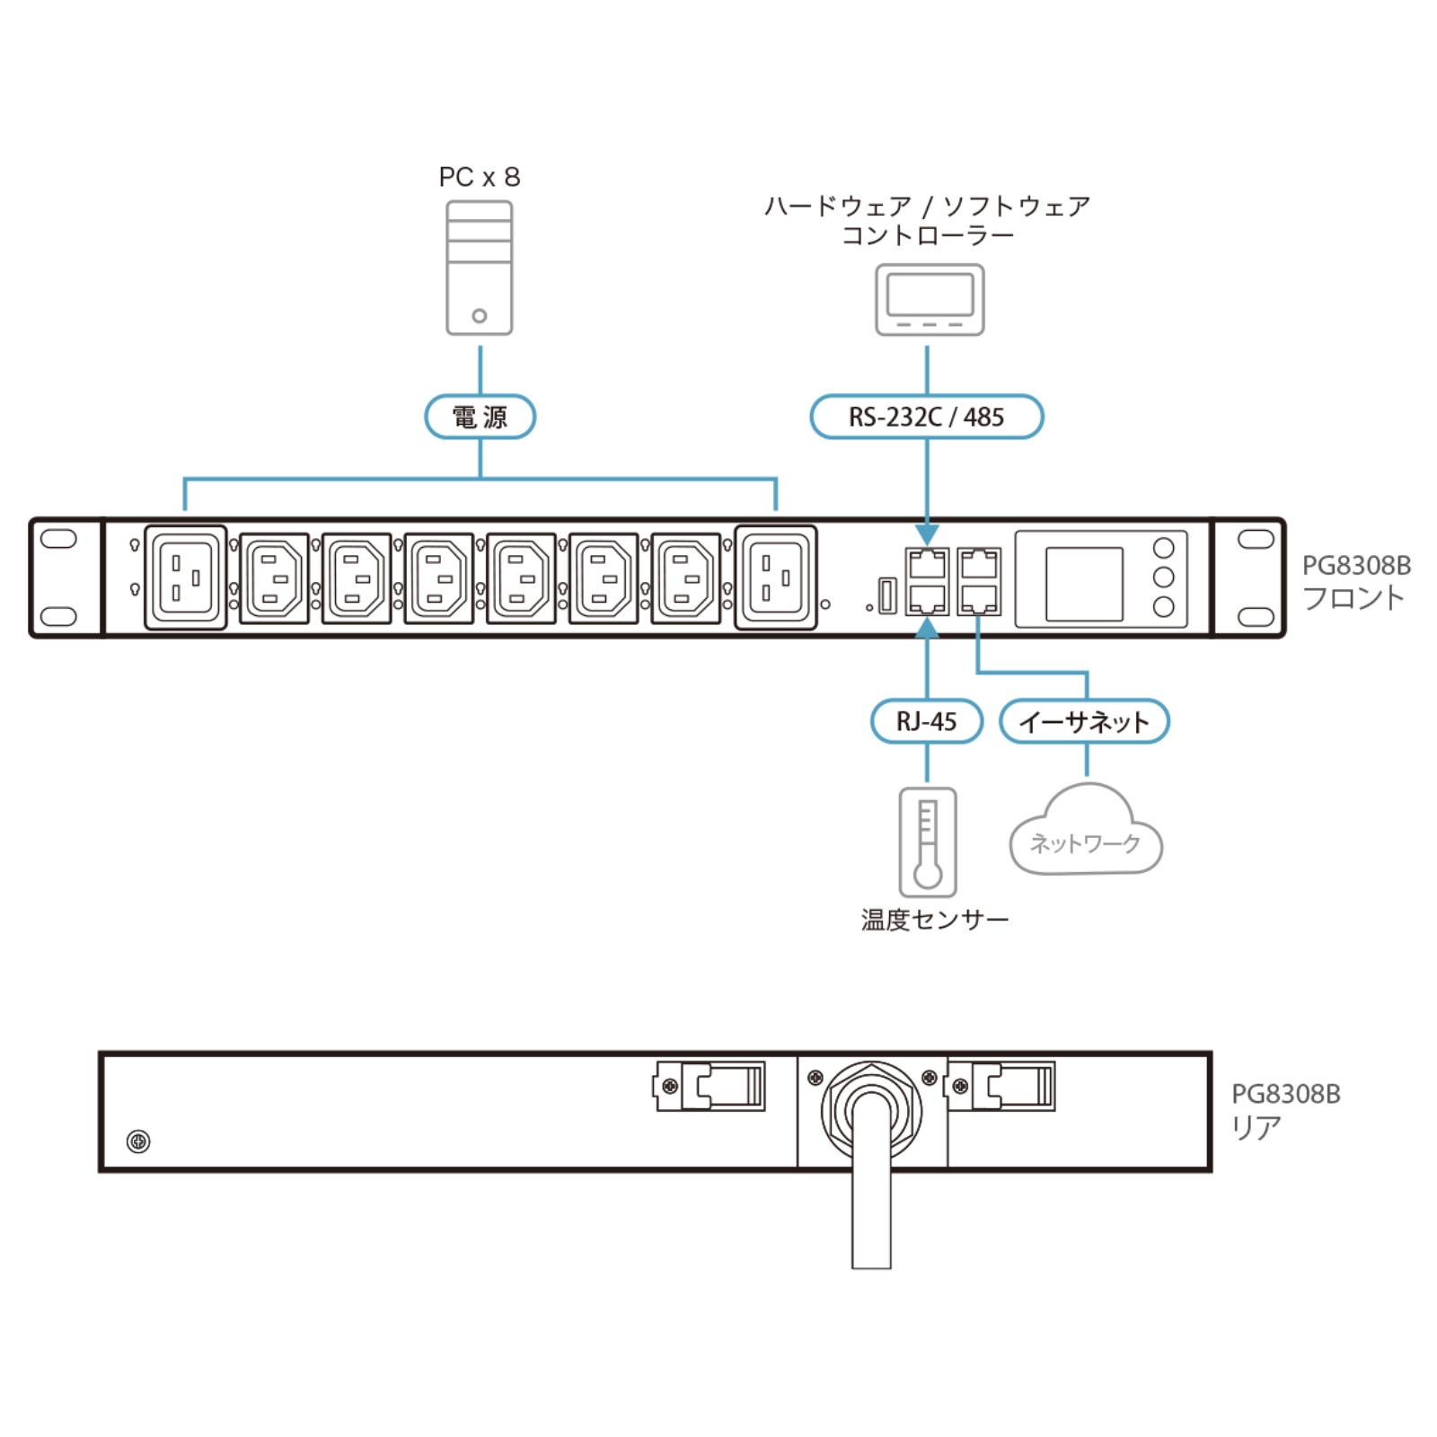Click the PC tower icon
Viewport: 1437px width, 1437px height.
click(x=480, y=268)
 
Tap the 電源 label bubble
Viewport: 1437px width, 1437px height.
click(x=480, y=417)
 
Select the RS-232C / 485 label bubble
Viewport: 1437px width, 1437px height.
click(x=926, y=417)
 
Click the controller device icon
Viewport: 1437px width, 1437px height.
click(x=930, y=300)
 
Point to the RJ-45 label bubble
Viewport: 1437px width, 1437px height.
click(x=926, y=721)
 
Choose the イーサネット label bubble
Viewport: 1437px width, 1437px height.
click(x=1084, y=721)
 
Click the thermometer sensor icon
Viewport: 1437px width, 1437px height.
click(x=928, y=842)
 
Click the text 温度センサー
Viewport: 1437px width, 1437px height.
click(x=934, y=920)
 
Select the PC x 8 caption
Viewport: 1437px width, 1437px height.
click(x=480, y=177)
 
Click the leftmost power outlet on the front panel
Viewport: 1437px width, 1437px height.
click(x=185, y=577)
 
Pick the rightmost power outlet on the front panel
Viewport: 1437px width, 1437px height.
click(x=776, y=577)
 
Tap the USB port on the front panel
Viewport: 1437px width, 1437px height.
click(x=887, y=595)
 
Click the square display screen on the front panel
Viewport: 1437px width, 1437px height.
click(x=1084, y=584)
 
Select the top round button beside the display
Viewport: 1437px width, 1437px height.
click(x=1163, y=548)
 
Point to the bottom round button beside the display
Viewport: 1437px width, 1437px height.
click(x=1163, y=607)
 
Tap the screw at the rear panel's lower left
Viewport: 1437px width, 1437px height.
click(x=138, y=1142)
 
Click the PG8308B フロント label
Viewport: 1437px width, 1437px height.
click(x=1355, y=581)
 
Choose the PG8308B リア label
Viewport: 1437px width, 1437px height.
click(x=1285, y=1110)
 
